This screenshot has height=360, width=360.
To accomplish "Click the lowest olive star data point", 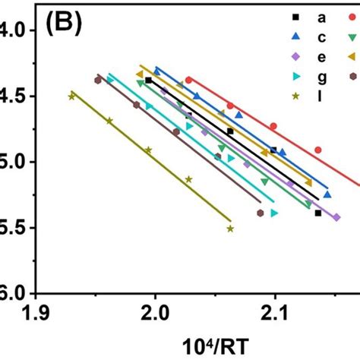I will click(x=230, y=229).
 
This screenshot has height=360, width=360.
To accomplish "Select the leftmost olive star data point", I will click(x=72, y=96).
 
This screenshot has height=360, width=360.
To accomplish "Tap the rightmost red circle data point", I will click(x=318, y=150).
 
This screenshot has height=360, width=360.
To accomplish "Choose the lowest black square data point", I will click(x=317, y=213).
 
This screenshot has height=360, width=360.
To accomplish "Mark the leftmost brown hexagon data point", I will click(x=97, y=80).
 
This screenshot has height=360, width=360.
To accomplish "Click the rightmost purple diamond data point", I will click(x=315, y=196).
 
